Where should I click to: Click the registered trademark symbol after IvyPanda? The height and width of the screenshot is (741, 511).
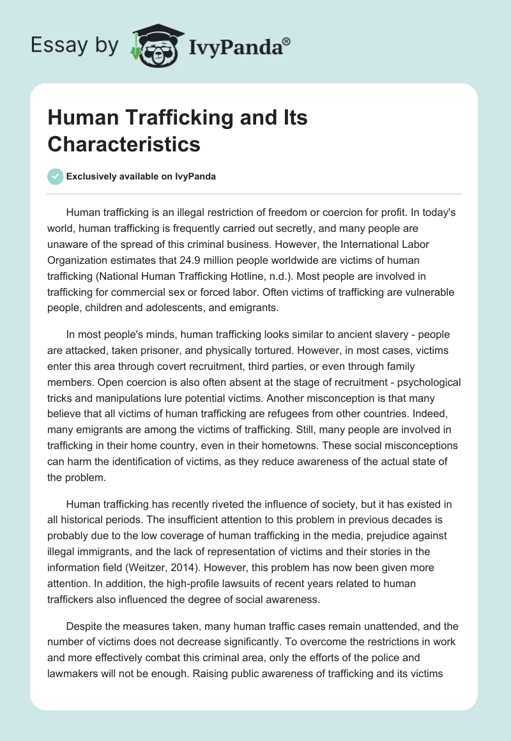[x=287, y=41]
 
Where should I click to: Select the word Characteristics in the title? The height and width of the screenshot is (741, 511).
[x=124, y=144]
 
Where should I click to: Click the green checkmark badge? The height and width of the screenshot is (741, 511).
[x=56, y=176]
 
